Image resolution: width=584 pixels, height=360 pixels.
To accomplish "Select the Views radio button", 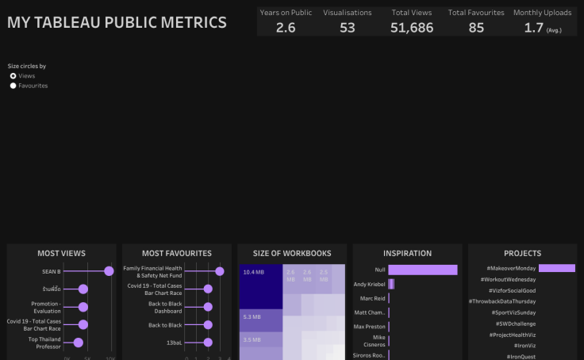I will coord(13,76).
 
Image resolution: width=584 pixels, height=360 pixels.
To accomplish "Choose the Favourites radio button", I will coord(13,86).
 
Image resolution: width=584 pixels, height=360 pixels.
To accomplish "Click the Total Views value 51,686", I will coord(412,28).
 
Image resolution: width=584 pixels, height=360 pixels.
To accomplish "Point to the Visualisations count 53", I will coord(348,28).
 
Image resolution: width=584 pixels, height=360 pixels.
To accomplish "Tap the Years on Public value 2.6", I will coord(286,28).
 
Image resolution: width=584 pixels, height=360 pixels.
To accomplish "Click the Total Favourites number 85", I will coord(476,28).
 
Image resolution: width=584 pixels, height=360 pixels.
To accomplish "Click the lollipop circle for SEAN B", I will coord(109,271).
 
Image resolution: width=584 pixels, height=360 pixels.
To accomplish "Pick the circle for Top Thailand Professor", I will coord(78,343).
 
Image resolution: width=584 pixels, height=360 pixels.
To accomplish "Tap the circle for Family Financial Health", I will coord(220,271).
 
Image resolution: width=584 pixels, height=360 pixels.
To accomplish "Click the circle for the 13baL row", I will coord(208,343).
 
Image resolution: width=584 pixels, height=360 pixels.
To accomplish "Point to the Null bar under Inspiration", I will coord(423,270).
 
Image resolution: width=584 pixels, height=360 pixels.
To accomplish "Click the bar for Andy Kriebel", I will coord(391,284).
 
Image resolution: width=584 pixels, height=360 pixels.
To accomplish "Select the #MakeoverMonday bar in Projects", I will coord(556,269).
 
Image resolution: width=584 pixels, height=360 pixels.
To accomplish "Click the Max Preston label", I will coord(369,327).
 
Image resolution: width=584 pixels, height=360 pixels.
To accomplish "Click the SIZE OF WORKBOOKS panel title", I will coord(292,254).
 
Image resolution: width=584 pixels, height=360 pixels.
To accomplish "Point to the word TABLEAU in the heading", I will coord(91,23).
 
